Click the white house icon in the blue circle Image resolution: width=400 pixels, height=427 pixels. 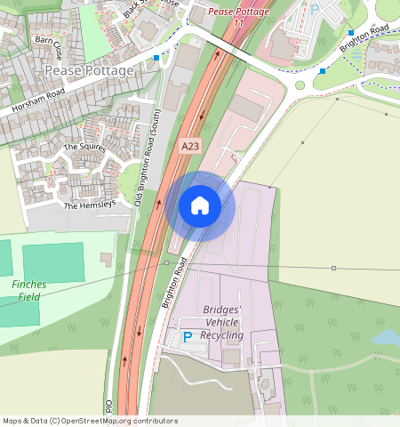(x=200, y=205)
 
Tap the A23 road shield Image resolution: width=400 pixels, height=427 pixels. (x=189, y=145)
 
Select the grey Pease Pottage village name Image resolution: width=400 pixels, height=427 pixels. (x=89, y=70)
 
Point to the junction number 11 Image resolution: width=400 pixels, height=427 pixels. (x=237, y=23)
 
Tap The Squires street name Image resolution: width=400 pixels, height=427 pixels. (x=84, y=147)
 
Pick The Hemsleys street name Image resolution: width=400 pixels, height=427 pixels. (x=89, y=205)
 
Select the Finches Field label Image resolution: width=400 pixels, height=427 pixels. (x=29, y=290)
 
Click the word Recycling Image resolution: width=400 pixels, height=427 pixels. (x=221, y=335)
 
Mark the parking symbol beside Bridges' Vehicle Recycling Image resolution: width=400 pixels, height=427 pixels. (x=187, y=337)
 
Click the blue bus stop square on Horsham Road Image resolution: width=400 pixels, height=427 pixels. (x=157, y=57)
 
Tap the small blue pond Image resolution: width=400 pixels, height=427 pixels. (x=388, y=337)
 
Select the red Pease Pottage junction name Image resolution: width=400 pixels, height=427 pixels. (x=237, y=12)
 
